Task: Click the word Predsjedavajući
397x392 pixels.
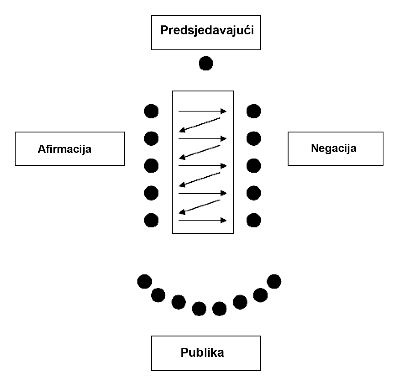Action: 207,30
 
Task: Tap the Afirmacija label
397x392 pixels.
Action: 64,149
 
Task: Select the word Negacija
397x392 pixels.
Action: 334,148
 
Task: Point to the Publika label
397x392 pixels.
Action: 202,353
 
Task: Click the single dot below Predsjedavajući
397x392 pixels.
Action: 206,63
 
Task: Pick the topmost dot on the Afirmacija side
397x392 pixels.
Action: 151,111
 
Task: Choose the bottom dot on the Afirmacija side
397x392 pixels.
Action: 151,220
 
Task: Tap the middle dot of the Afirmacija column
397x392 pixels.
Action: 151,166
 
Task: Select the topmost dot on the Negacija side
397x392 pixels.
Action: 254,111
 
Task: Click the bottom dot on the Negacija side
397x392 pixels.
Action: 254,220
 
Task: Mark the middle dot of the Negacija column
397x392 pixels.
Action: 254,166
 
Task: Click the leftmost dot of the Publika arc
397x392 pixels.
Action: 144,281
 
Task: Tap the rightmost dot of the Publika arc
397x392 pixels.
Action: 274,281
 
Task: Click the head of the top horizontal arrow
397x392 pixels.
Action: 224,111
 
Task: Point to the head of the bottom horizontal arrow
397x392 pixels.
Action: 224,220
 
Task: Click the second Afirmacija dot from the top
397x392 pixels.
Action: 151,138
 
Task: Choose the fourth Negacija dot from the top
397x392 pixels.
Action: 254,193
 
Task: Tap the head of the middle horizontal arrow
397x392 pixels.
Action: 224,166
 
